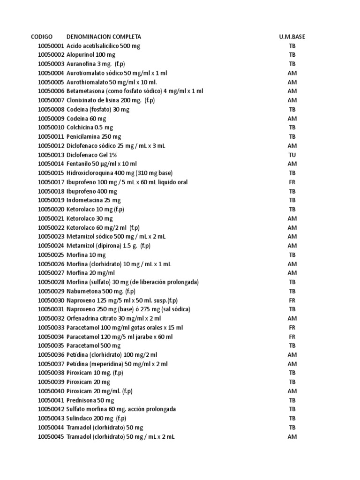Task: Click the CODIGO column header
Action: [42, 37]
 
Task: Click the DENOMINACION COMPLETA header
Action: [104, 37]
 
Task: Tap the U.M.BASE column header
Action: [292, 37]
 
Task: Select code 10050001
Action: [51, 46]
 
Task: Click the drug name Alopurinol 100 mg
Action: [91, 55]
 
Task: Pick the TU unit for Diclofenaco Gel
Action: [292, 155]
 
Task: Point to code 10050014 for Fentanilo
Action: [51, 164]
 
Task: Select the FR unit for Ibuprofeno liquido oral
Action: [292, 182]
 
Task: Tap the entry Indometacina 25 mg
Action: [94, 200]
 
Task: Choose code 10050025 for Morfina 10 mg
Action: [51, 255]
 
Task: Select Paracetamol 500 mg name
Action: [94, 345]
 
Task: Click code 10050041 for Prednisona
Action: [51, 400]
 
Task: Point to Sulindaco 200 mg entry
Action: [97, 418]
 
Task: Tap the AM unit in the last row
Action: [292, 436]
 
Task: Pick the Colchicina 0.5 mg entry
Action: [90, 127]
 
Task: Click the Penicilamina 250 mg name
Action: [94, 136]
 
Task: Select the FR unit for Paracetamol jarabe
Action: [292, 337]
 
